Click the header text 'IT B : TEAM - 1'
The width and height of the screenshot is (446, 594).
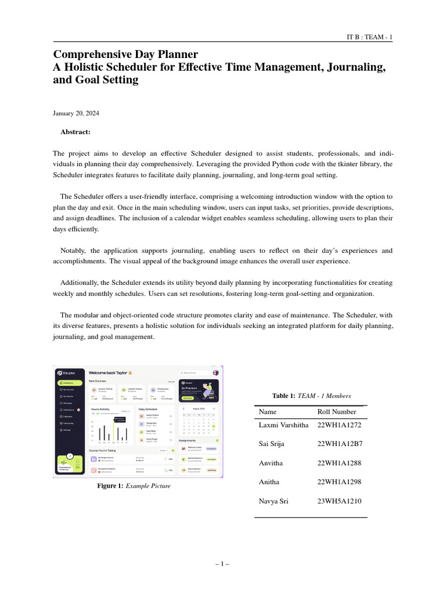[369, 38]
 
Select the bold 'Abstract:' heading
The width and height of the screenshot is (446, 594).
[75, 132]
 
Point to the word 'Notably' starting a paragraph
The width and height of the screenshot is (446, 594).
[74, 251]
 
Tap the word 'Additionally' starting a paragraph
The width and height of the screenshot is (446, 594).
[81, 282]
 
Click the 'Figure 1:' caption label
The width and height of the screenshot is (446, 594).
[110, 486]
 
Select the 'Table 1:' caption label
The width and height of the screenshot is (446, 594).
[285, 396]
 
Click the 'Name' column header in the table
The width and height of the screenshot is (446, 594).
[268, 412]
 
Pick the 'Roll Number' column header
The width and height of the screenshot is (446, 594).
[337, 412]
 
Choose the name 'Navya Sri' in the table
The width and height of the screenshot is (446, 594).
[274, 501]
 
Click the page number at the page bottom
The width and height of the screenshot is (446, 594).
[222, 563]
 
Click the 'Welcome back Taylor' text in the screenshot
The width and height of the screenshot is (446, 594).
[108, 372]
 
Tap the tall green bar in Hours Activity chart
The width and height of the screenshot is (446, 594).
[114, 430]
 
